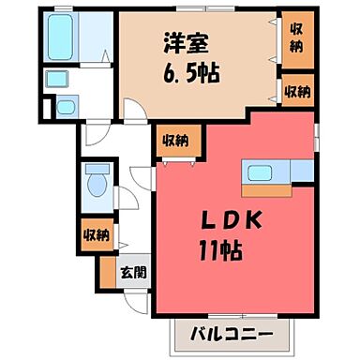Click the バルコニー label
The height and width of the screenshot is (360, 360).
[232, 334]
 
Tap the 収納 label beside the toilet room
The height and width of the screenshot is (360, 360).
[95, 233]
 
